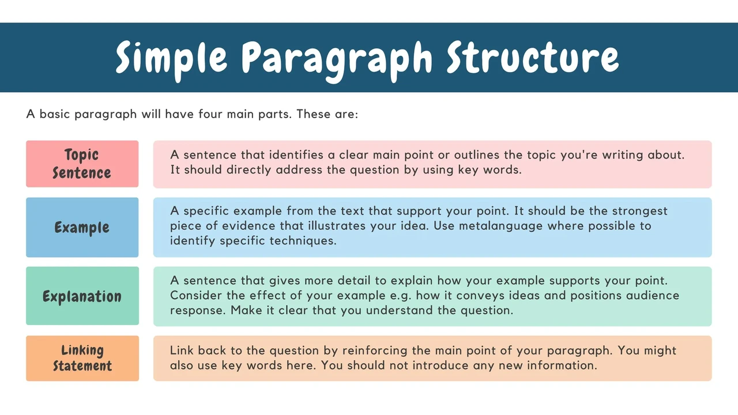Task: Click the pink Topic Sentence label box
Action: click(82, 164)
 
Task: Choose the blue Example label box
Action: click(82, 227)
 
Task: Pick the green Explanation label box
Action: click(82, 296)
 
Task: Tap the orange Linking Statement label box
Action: click(82, 359)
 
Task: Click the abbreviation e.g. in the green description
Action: click(400, 296)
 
